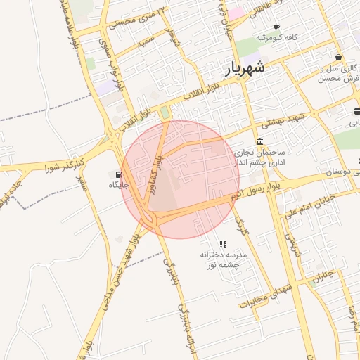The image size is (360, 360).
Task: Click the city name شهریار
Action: [x=245, y=68]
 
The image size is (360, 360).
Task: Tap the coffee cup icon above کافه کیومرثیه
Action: [x=276, y=27]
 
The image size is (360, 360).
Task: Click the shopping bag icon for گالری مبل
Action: [x=339, y=58]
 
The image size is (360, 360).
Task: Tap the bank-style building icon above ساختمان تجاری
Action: [x=259, y=141]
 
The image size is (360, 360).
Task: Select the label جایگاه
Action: [x=117, y=185]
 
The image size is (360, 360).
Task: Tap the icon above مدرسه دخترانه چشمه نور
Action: [x=224, y=243]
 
